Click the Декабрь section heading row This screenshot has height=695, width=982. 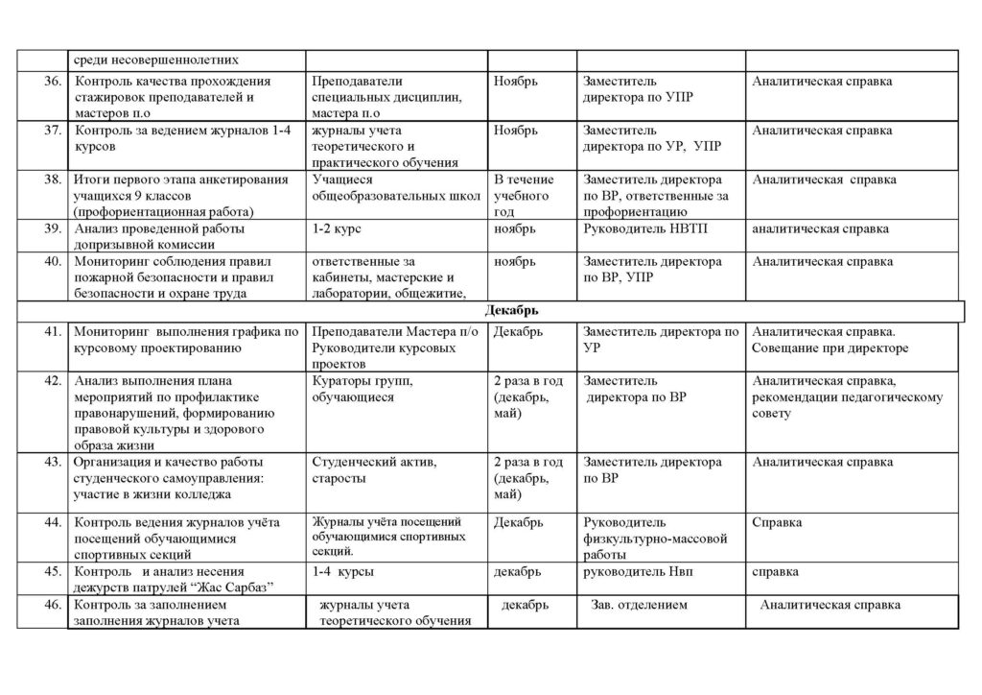click(518, 311)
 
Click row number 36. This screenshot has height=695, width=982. click(52, 82)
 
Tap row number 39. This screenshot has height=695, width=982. click(52, 229)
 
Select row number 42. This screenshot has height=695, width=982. click(52, 381)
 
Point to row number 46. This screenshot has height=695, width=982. click(52, 606)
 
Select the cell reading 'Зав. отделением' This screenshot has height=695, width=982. click(640, 606)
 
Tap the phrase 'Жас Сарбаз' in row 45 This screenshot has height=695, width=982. click(225, 588)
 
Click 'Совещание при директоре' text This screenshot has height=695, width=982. click(830, 348)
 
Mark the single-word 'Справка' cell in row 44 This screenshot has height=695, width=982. click(777, 522)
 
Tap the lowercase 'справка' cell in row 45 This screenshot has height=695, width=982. click(776, 572)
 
